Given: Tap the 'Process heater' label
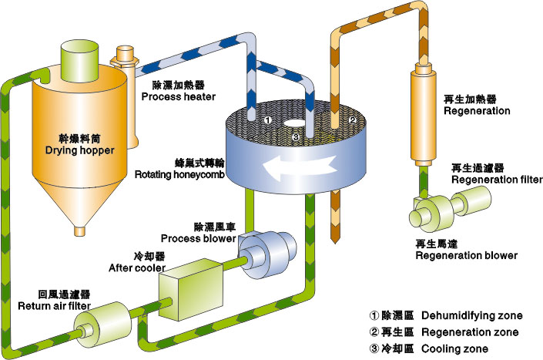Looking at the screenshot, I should [179, 96].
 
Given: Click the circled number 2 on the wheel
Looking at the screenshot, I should [350, 120].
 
